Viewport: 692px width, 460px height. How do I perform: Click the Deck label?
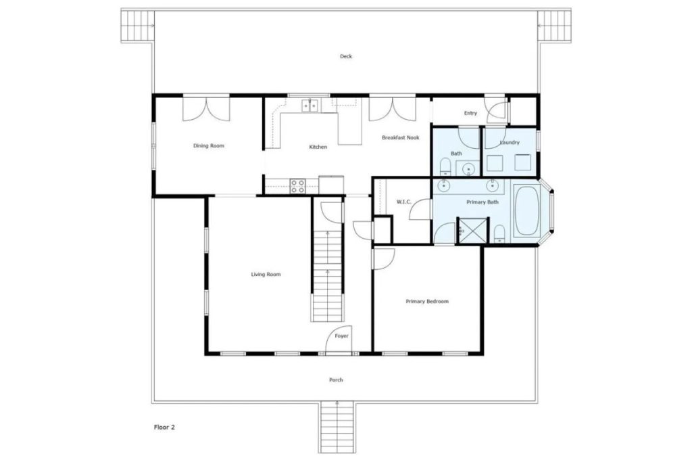pos(346,57)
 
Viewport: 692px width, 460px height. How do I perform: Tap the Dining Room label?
pos(208,146)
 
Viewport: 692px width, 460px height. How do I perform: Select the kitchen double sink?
pos(310,106)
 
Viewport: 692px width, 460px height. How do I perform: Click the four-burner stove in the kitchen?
pos(298,185)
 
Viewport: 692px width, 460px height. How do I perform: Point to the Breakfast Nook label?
pos(400,137)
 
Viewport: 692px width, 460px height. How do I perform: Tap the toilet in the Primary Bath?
pos(499,234)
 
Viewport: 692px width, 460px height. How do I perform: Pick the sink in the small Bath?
pos(468,169)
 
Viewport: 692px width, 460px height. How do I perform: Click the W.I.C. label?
pos(404,201)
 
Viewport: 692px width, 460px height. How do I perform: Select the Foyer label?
pos(342,336)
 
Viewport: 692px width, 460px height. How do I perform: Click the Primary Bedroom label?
pos(427,302)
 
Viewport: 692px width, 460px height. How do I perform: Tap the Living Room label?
pos(266,275)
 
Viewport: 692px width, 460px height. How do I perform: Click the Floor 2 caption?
pos(164,427)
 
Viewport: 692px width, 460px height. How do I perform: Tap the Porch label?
pos(336,380)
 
